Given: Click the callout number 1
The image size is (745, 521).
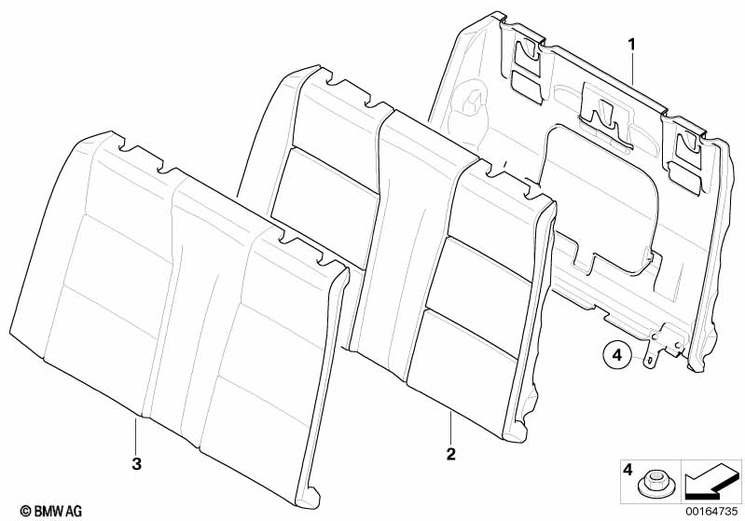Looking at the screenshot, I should click(x=631, y=44).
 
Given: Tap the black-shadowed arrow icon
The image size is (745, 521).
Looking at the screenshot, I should click(x=712, y=483).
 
